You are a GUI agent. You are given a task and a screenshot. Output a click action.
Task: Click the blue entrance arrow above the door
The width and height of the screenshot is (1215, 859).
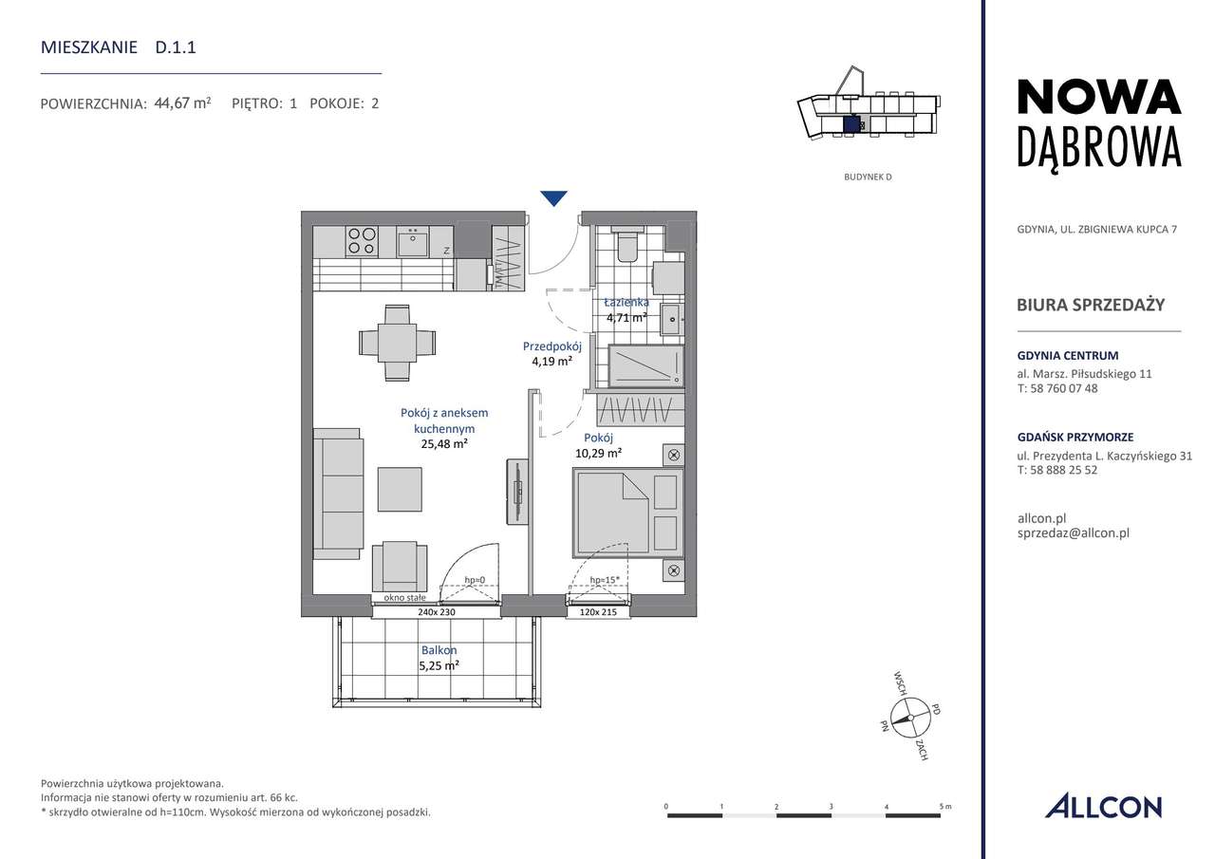tap(553, 198)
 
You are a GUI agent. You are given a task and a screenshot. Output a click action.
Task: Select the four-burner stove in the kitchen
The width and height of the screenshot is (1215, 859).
tap(361, 240)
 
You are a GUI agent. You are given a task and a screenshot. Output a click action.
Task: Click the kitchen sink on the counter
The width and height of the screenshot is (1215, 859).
tap(413, 241)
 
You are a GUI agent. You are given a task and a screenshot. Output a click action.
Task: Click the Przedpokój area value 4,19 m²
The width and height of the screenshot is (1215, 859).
tap(551, 362)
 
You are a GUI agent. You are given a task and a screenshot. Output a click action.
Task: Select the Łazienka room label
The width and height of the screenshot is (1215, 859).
tap(626, 302)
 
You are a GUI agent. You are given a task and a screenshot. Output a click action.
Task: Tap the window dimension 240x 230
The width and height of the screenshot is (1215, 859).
tap(438, 612)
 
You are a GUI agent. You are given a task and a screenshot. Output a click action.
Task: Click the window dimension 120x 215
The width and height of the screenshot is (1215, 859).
tap(598, 612)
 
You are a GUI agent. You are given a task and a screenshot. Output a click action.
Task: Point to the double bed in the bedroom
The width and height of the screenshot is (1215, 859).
tap(627, 513)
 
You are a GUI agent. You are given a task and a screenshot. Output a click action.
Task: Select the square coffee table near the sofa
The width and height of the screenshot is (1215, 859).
tap(401, 489)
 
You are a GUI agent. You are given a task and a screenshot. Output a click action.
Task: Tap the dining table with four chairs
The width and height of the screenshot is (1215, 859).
tap(399, 340)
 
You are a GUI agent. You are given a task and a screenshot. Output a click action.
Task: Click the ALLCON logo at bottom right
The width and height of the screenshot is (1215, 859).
tap(1103, 807)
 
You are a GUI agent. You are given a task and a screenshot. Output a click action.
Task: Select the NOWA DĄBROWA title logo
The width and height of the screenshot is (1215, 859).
tap(1098, 122)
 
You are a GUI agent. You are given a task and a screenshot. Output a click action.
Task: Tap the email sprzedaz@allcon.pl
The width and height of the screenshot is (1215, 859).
tap(1072, 533)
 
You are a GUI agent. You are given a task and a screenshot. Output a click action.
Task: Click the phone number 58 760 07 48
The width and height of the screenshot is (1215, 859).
tap(1063, 388)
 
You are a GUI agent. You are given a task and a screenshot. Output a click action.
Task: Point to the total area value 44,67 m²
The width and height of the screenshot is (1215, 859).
tap(182, 103)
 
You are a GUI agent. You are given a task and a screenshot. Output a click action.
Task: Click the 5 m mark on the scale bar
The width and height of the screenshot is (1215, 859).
tap(941, 807)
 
